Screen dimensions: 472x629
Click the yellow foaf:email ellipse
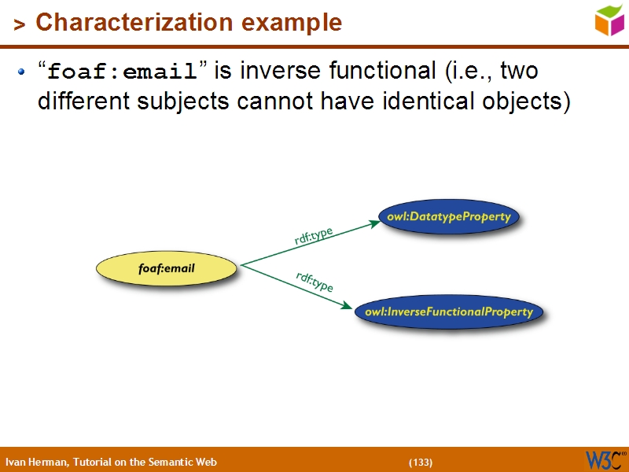tap(166, 269)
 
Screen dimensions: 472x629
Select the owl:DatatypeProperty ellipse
tap(449, 216)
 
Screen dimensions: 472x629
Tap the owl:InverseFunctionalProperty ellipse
tap(449, 312)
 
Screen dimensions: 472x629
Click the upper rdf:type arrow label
tap(314, 236)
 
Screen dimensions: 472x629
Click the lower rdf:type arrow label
tap(314, 281)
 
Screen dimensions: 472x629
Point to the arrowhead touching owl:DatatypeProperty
tap(374, 223)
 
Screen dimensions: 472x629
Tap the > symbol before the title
tap(20, 24)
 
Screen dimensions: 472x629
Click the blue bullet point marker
tap(22, 72)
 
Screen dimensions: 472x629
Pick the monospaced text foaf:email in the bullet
tap(122, 73)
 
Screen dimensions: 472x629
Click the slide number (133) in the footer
tap(420, 462)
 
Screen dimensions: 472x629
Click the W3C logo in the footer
tap(604, 459)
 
